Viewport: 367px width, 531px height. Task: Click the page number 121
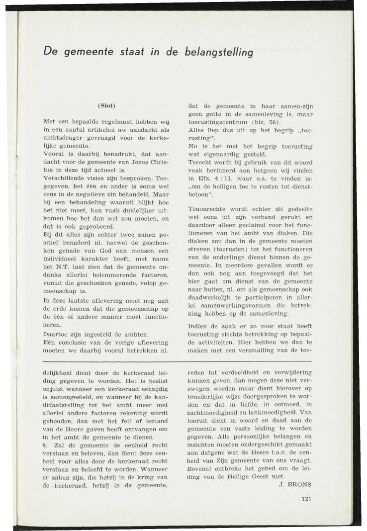[x=306, y=500]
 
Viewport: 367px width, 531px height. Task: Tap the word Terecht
[x=201, y=162]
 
